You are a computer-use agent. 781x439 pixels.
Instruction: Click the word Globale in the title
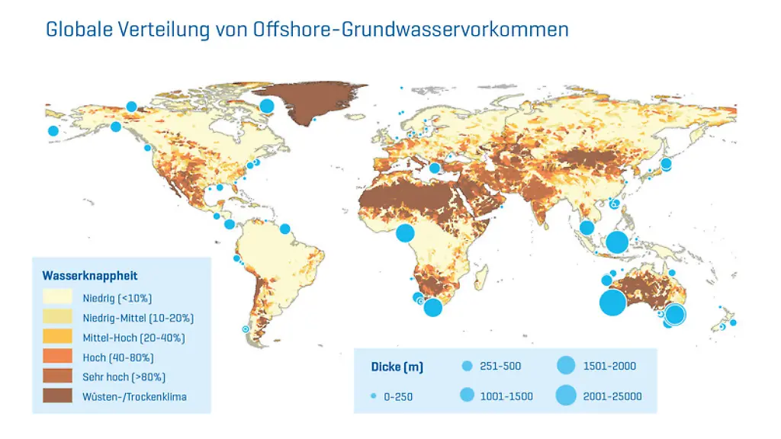coord(79,30)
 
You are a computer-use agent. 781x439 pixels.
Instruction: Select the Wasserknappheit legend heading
coord(90,276)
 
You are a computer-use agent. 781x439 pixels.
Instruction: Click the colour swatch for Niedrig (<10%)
coord(57,297)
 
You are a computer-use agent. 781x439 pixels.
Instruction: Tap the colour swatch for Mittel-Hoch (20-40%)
coord(57,337)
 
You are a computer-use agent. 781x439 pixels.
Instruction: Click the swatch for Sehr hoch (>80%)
coord(57,377)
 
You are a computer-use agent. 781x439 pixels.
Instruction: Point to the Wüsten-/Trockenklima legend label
coord(134,396)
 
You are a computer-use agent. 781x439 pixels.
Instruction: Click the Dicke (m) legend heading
coord(402,367)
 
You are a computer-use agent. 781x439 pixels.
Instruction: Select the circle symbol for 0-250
coord(373,396)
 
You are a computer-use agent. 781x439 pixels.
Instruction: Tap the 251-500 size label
coord(502,366)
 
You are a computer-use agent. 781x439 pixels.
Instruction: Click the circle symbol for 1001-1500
coord(468,396)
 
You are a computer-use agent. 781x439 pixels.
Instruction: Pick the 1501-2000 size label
coord(609,366)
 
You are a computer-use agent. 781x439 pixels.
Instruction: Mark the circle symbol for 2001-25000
coord(566,396)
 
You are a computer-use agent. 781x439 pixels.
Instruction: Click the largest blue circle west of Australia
coord(612,303)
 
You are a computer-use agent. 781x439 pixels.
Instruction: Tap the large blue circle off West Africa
coord(405,233)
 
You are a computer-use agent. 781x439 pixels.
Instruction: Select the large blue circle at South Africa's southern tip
coord(432,307)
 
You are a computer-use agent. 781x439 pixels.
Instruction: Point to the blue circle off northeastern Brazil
coord(285,229)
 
